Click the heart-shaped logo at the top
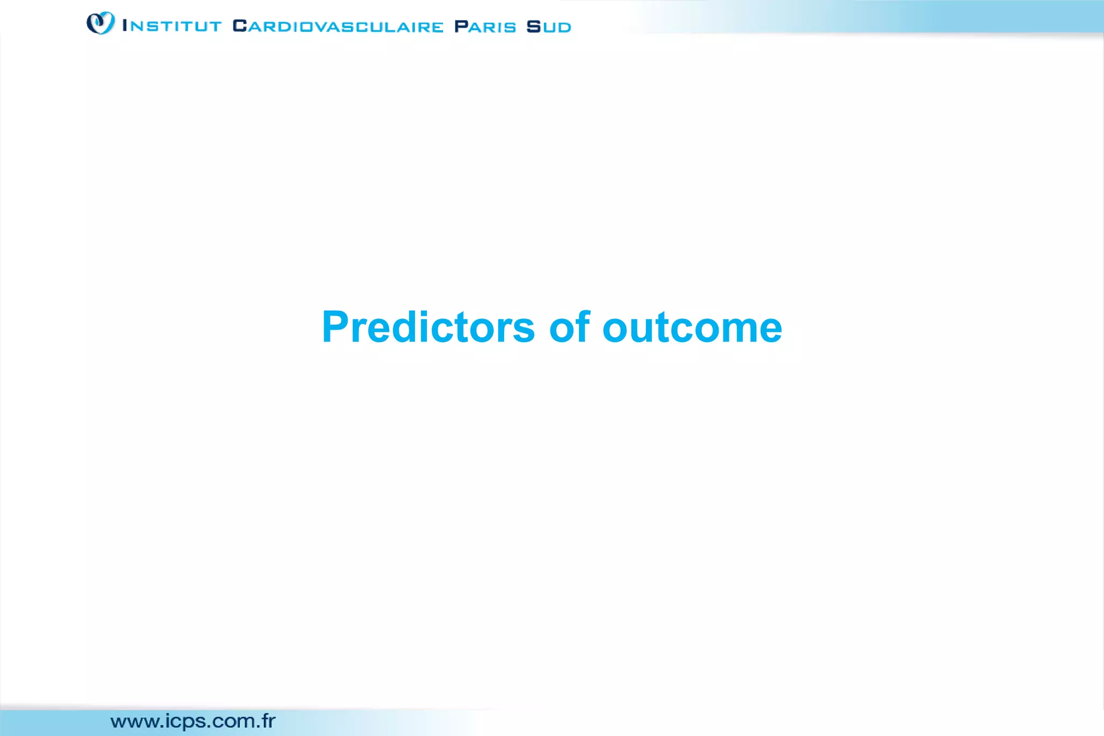pyautogui.click(x=101, y=23)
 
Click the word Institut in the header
pyautogui.click(x=172, y=26)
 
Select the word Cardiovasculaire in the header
pyautogui.click(x=338, y=26)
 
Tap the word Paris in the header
pyautogui.click(x=485, y=26)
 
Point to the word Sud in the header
pyautogui.click(x=549, y=26)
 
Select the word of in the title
pyautogui.click(x=569, y=328)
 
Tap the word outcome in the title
pyautogui.click(x=692, y=328)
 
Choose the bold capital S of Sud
pyautogui.click(x=534, y=26)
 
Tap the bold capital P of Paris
pyautogui.click(x=461, y=26)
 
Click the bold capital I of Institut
pyautogui.click(x=125, y=25)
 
